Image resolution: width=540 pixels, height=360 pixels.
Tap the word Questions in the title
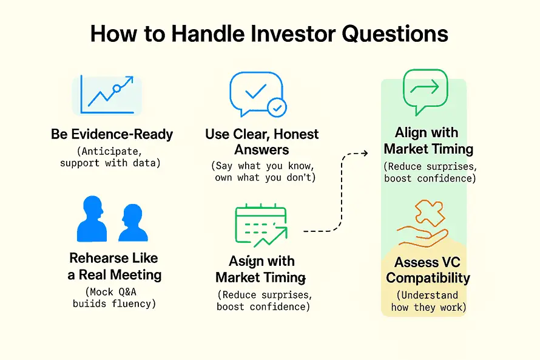(x=394, y=34)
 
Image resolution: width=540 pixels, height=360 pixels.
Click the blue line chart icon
(x=107, y=94)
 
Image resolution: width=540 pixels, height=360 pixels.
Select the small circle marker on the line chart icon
(x=116, y=89)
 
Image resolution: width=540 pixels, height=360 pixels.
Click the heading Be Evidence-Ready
(x=112, y=134)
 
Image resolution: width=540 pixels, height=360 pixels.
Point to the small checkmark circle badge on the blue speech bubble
(x=277, y=108)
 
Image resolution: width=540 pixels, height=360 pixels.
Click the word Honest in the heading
(x=296, y=134)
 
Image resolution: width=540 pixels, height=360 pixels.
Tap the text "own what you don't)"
(x=265, y=177)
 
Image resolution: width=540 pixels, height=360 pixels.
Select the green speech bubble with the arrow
(x=425, y=92)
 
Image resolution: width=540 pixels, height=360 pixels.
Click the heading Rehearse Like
(x=113, y=258)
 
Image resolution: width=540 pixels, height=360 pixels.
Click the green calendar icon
(x=261, y=225)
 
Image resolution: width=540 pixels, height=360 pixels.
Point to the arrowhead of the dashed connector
(x=365, y=153)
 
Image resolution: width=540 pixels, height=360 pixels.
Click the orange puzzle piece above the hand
(x=430, y=213)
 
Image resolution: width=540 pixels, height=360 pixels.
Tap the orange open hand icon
(x=423, y=236)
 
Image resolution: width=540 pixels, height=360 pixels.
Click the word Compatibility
(x=428, y=278)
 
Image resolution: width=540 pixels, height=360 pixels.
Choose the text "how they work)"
(x=428, y=307)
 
